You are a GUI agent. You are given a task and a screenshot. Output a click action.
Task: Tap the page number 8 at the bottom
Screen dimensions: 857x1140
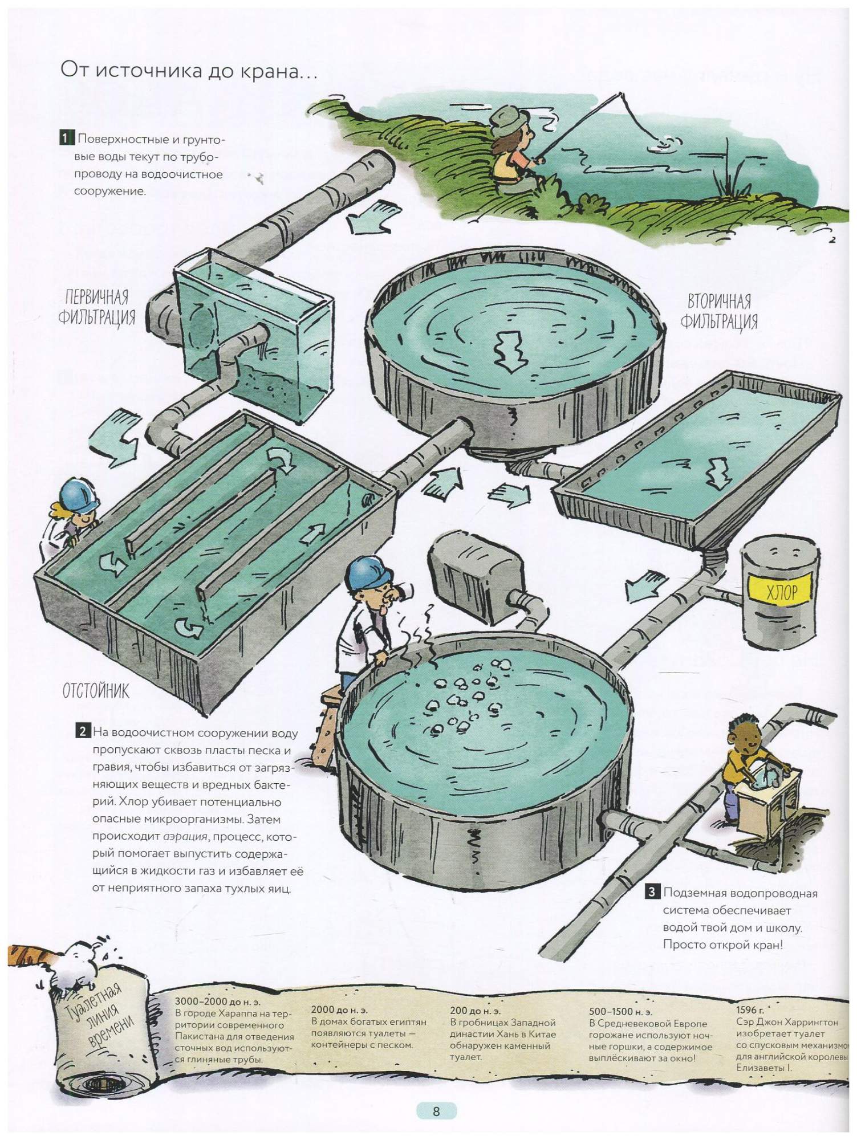pyautogui.click(x=436, y=1111)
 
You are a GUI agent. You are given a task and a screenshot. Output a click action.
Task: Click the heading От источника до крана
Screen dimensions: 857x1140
pyautogui.click(x=189, y=72)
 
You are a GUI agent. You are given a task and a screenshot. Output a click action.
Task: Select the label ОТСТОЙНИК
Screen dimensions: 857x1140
pyautogui.click(x=96, y=691)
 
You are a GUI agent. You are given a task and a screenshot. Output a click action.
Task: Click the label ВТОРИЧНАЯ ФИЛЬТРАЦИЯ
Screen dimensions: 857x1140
pyautogui.click(x=719, y=311)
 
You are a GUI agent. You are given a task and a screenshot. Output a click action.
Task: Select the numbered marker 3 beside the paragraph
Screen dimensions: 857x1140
pyautogui.click(x=652, y=892)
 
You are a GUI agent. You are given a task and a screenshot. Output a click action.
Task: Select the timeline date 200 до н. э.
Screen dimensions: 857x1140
pyautogui.click(x=475, y=1011)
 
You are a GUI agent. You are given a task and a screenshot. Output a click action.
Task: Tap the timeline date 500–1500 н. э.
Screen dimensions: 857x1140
pyautogui.click(x=620, y=1011)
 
